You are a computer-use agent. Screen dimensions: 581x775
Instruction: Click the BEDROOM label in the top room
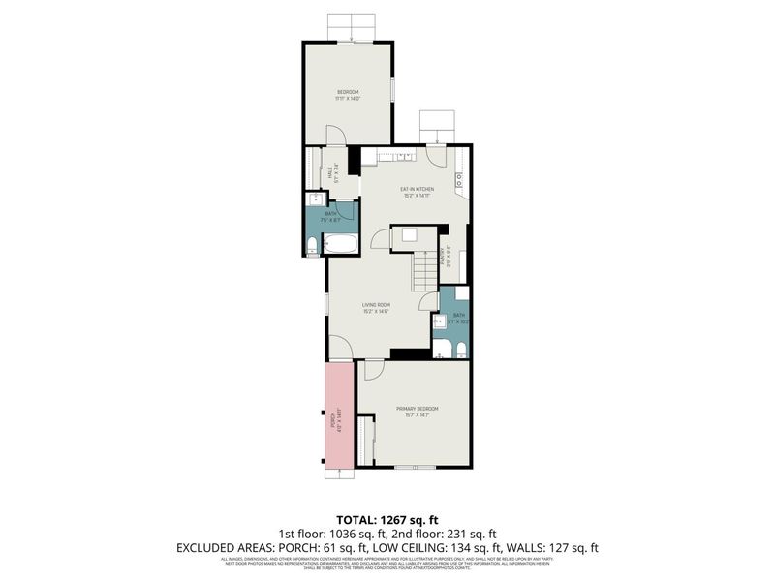tap(348, 92)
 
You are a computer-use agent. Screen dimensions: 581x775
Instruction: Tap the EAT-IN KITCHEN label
tap(418, 189)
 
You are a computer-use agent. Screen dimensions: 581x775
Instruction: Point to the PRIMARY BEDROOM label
tap(418, 409)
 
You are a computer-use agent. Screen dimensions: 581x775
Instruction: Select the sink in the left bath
tap(314, 200)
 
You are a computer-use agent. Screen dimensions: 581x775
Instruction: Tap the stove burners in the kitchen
tap(459, 178)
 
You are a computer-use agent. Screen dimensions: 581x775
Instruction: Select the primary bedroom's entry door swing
tap(373, 369)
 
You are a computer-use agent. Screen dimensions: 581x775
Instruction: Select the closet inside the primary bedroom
tap(365, 441)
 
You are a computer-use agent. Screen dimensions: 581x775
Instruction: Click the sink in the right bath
tap(438, 321)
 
